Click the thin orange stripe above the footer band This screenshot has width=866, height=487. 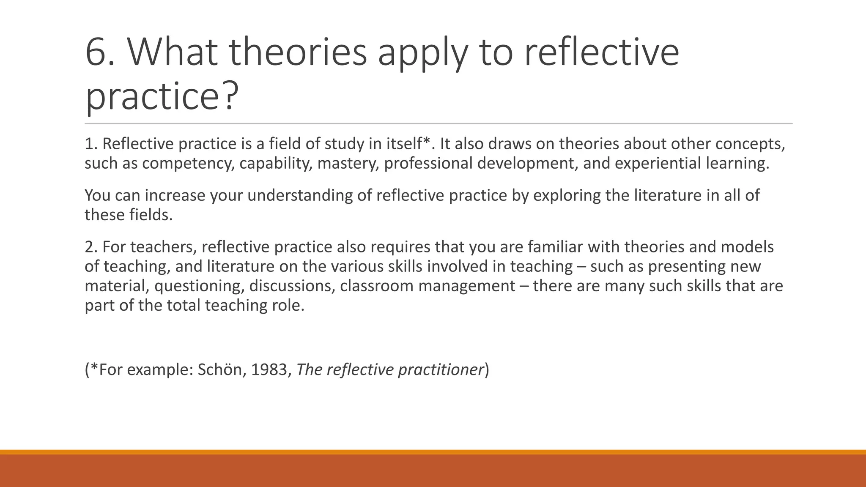(x=433, y=452)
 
